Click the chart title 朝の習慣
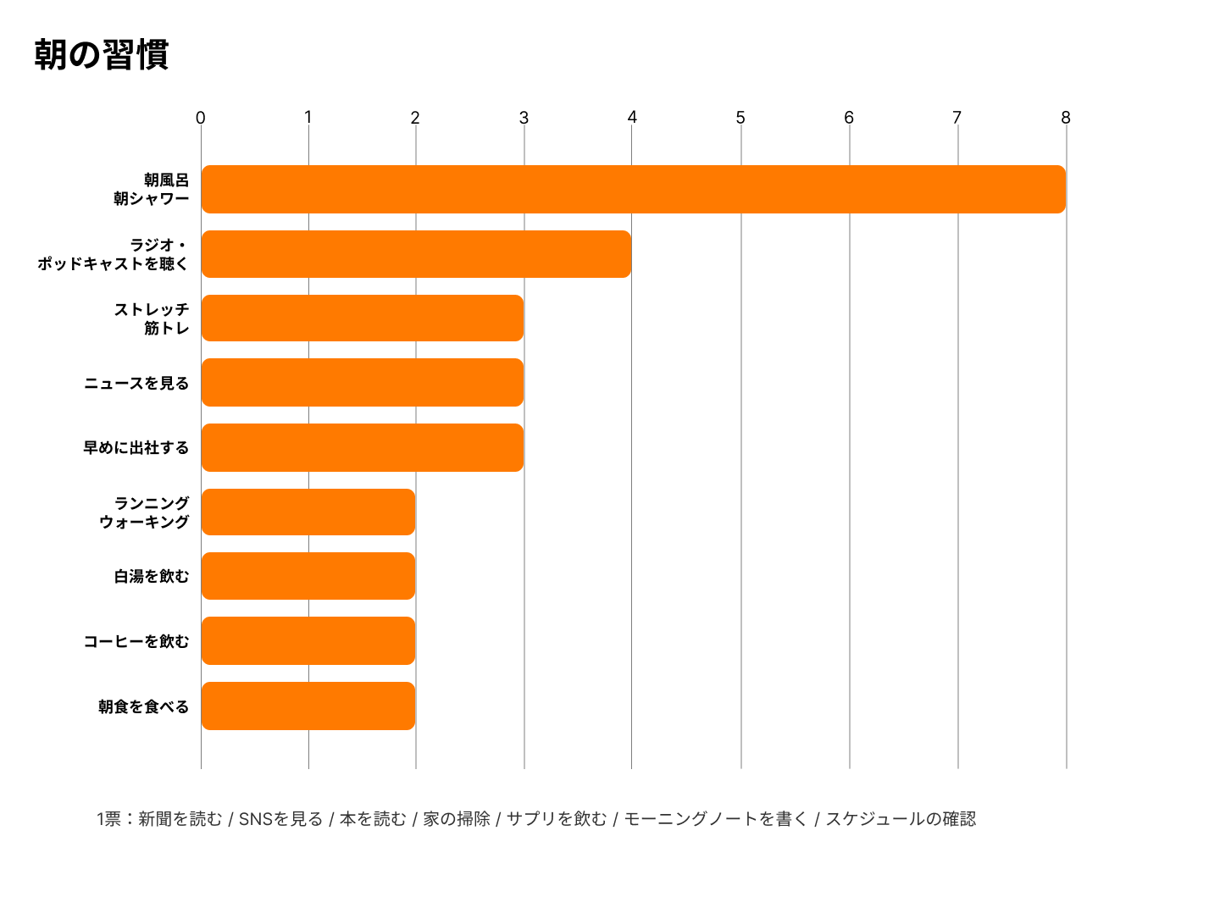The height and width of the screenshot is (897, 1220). click(x=102, y=55)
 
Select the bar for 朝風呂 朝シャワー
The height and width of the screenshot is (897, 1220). click(x=633, y=189)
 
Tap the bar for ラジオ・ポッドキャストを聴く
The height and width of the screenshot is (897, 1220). click(x=416, y=254)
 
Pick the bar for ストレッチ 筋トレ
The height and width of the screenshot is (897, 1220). click(x=362, y=318)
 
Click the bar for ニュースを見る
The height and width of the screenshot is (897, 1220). click(x=362, y=383)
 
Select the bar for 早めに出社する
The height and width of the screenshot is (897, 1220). click(x=362, y=447)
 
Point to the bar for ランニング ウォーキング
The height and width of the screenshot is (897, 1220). click(x=308, y=512)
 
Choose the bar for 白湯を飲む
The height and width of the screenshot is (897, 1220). click(x=308, y=576)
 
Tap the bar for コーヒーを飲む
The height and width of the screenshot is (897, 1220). click(x=308, y=641)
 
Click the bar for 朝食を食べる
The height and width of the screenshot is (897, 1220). click(x=308, y=706)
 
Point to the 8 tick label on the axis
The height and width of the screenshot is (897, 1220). click(x=1066, y=118)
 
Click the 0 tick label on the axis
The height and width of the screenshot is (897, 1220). click(x=200, y=118)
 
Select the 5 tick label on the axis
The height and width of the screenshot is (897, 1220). click(x=740, y=118)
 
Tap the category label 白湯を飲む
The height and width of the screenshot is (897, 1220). click(x=152, y=577)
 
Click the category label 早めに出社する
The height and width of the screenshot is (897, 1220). click(x=136, y=448)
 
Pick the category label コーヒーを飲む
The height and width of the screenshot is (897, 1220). click(x=136, y=642)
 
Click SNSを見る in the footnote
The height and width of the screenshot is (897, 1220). click(x=280, y=819)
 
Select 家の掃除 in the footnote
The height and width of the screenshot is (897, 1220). click(x=457, y=819)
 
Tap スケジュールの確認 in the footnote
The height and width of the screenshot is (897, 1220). click(x=901, y=819)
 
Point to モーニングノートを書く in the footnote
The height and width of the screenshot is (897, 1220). click(x=716, y=819)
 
